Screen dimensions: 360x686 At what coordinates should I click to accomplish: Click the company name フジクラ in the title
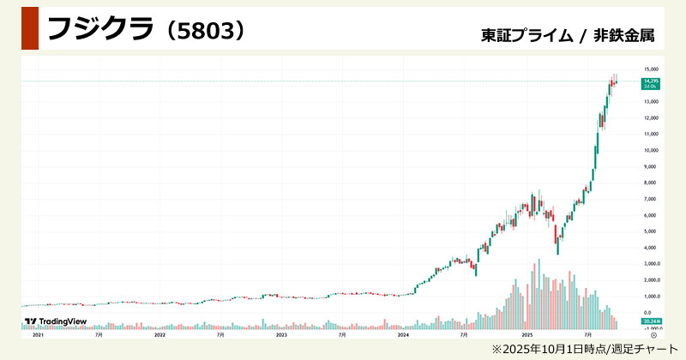[x=99, y=29]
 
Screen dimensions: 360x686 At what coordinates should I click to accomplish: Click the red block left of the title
[x=29, y=28]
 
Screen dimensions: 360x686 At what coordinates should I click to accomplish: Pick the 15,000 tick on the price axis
[x=650, y=69]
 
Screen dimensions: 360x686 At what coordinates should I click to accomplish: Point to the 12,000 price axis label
[x=650, y=117]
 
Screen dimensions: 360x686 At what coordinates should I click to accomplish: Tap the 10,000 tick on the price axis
[x=650, y=150]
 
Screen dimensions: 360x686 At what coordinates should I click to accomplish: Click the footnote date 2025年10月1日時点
[x=549, y=349]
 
